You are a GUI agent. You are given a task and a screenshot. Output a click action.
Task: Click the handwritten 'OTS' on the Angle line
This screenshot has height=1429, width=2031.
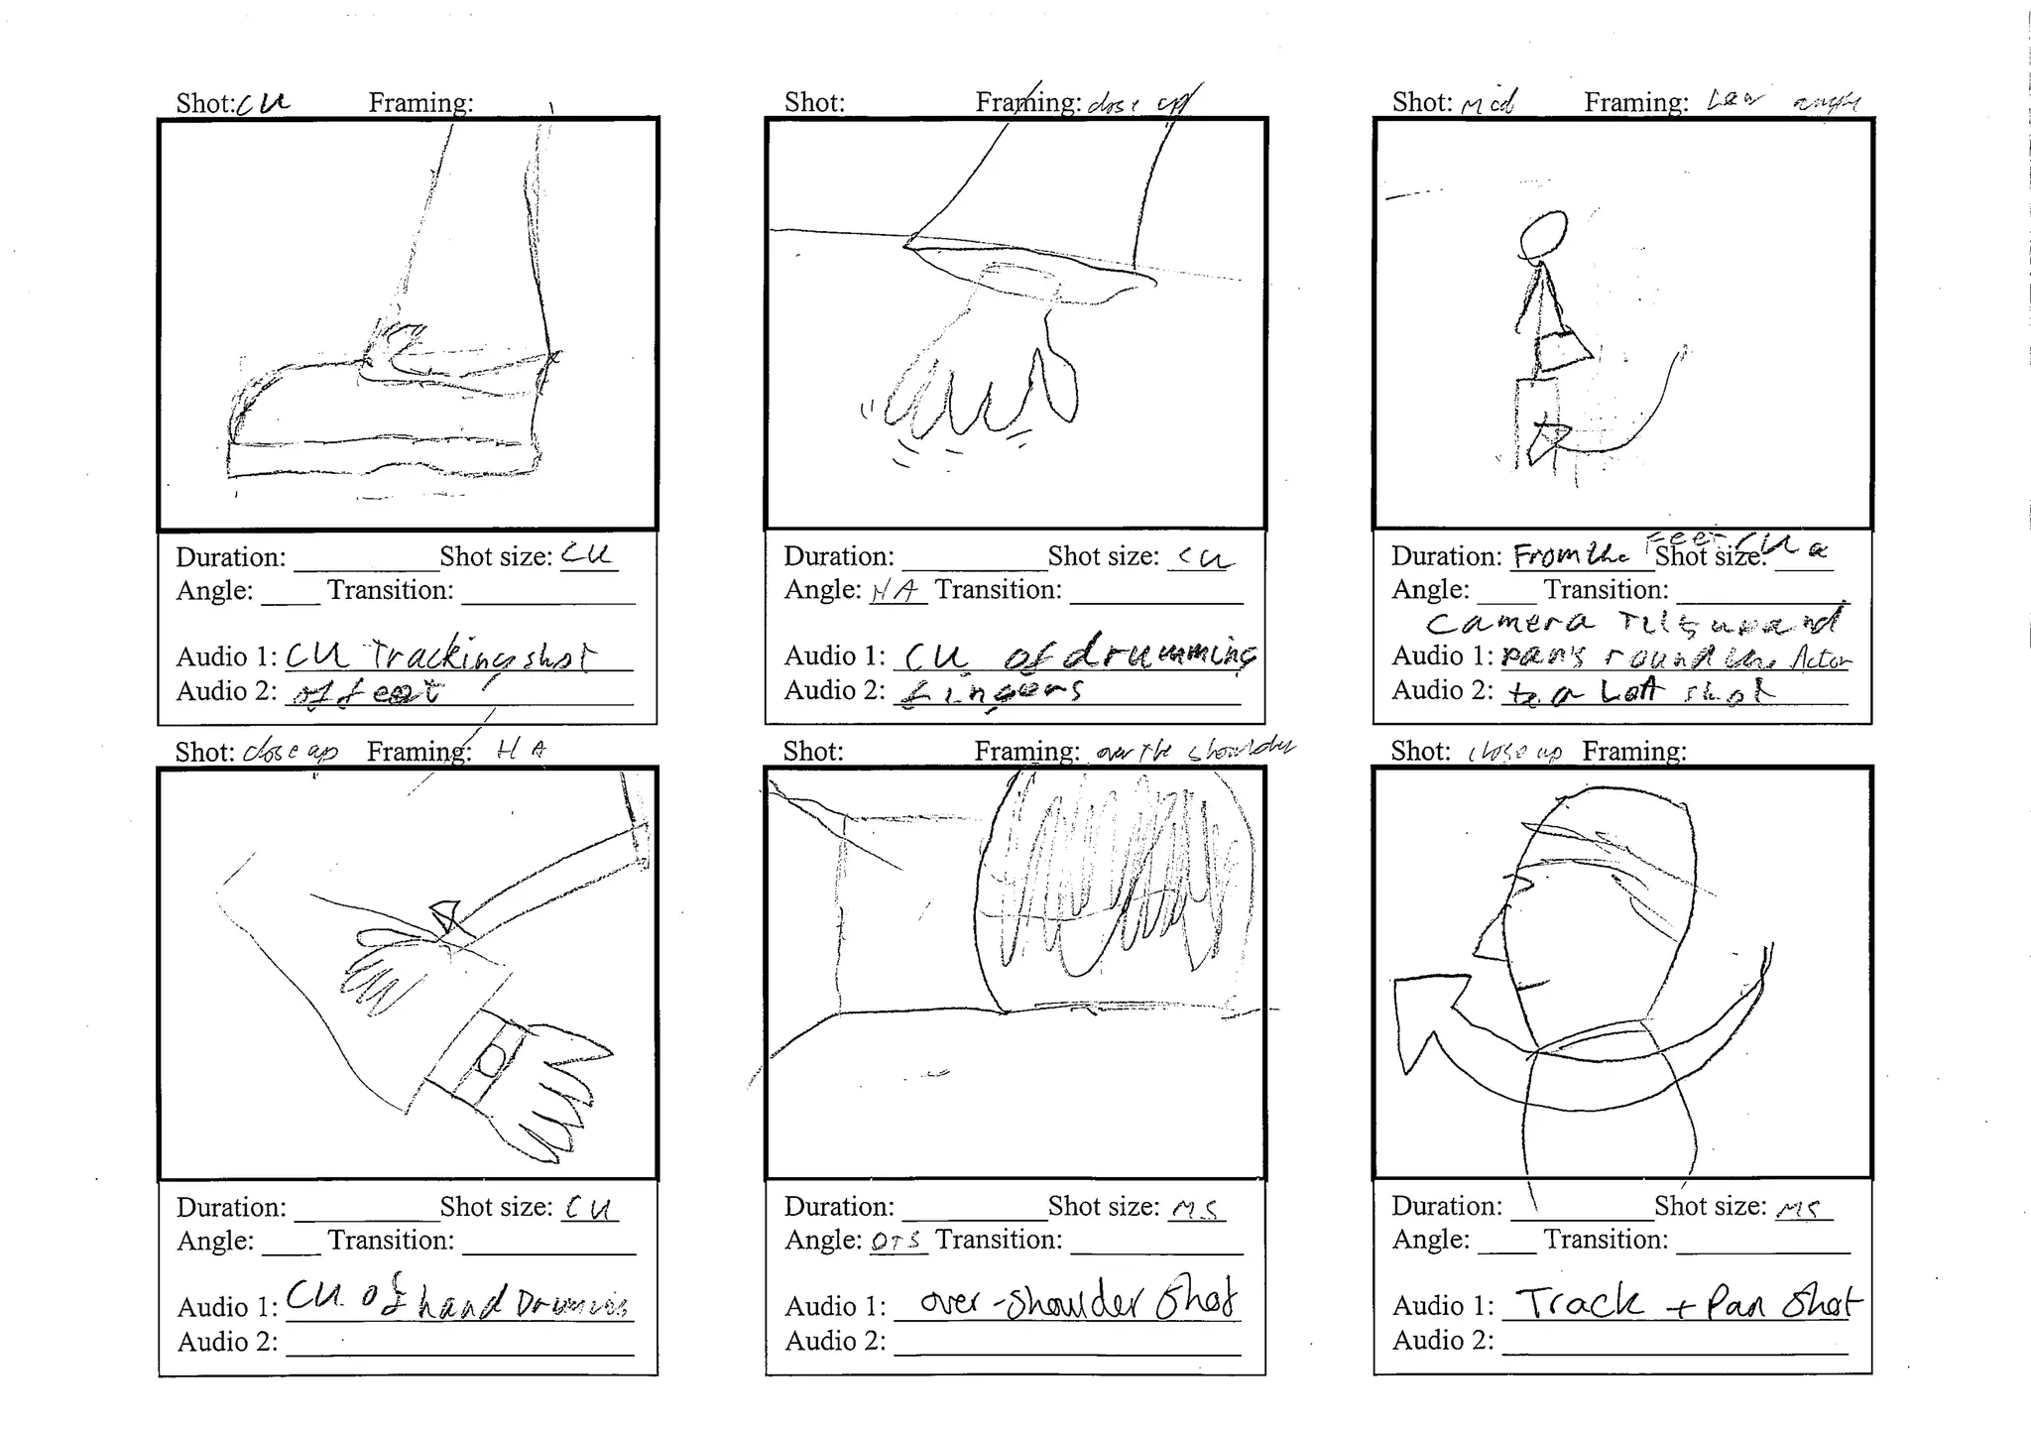point(896,1241)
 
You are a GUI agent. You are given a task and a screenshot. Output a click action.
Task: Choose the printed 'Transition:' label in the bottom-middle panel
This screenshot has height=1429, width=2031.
point(998,1240)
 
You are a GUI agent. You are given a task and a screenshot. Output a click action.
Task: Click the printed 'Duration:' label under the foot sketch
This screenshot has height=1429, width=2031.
point(231,557)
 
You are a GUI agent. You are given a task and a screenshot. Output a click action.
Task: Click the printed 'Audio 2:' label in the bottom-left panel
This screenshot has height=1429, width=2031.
point(228,1342)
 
